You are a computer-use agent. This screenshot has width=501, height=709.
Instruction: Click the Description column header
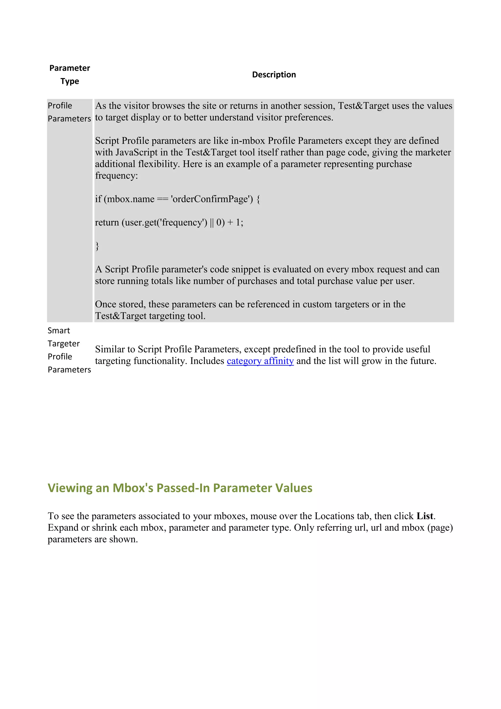(x=274, y=75)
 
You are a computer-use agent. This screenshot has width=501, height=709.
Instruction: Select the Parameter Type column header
(x=70, y=74)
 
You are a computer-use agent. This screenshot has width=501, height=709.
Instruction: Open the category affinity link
(x=260, y=361)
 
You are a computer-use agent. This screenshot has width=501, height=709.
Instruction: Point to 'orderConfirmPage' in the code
(x=212, y=199)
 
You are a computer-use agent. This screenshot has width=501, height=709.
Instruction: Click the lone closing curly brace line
(x=97, y=246)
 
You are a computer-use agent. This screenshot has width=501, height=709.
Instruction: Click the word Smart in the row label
(x=59, y=331)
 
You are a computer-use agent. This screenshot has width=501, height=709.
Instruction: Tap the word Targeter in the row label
(x=64, y=344)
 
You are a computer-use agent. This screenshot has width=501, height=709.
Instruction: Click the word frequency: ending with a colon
(x=116, y=176)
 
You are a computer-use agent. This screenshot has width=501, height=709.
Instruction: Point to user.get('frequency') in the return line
(x=164, y=223)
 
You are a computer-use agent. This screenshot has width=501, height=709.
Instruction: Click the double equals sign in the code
(x=163, y=199)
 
